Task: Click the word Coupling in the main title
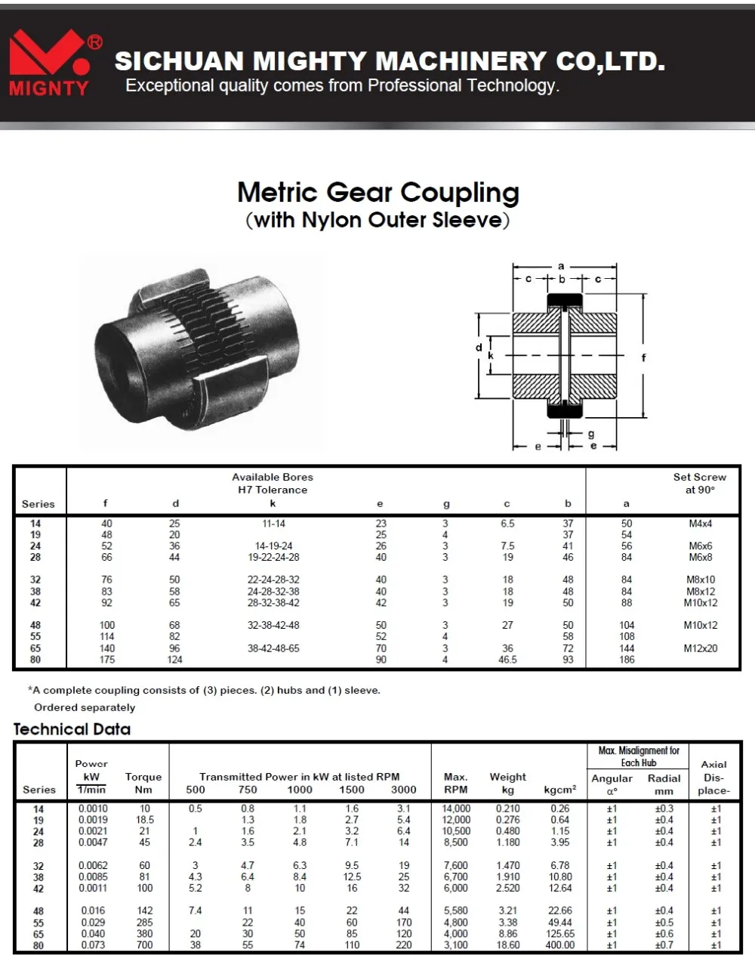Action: point(460,193)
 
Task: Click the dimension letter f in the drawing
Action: point(643,357)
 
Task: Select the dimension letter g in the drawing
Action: point(590,434)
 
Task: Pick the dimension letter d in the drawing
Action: point(479,348)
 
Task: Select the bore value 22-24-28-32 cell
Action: point(273,580)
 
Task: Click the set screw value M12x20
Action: point(701,648)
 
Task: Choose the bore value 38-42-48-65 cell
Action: point(273,648)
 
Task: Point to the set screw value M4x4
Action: point(701,523)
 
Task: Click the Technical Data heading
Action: point(72,729)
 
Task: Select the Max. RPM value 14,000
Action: point(456,809)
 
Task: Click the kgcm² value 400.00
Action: point(559,945)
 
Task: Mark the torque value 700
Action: point(144,945)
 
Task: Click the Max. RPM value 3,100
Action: point(456,945)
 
